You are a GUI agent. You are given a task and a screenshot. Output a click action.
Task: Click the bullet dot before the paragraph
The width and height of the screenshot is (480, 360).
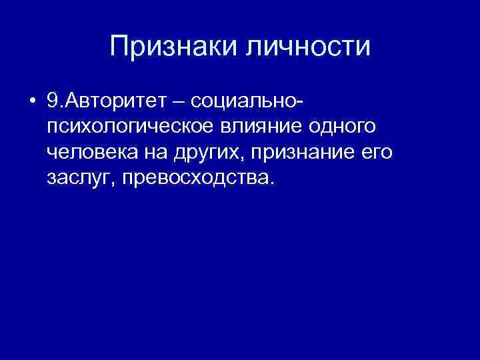click(32, 103)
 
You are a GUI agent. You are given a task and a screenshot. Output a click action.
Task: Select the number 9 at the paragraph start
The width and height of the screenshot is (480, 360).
click(53, 102)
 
